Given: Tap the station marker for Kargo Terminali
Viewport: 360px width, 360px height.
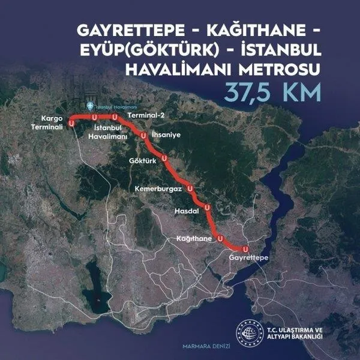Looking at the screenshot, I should (72, 122).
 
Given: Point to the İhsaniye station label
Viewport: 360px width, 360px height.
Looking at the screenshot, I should (165, 134).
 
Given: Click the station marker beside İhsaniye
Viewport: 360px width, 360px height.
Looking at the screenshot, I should (143, 137).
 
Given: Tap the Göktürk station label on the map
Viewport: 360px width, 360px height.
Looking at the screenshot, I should (142, 161).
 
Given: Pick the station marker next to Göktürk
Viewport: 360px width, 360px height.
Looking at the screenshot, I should (164, 158).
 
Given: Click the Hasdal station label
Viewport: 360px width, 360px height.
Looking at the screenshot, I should (186, 211).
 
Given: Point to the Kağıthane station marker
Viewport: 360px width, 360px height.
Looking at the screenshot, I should (220, 238).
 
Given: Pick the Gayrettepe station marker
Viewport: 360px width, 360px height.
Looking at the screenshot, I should (245, 248).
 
